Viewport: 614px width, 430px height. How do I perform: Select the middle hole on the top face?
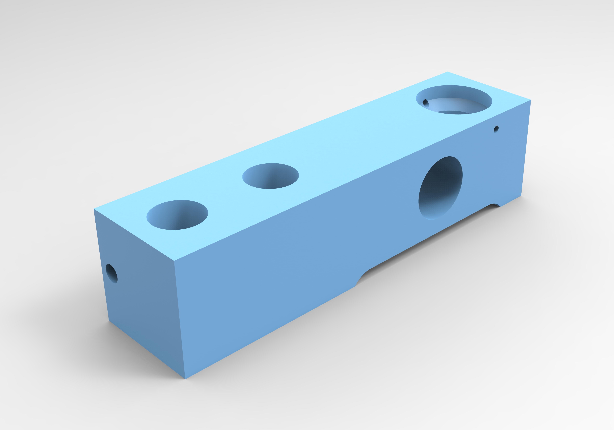click(270, 176)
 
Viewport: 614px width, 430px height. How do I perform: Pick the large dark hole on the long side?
click(440, 188)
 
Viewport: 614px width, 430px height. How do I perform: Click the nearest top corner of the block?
click(174, 260)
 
